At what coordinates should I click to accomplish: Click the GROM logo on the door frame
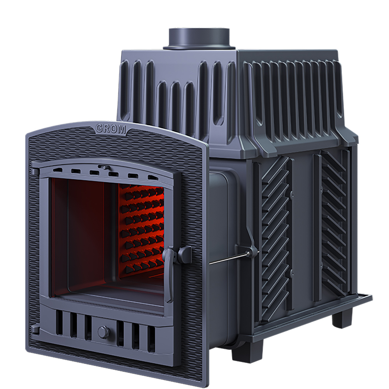click(x=111, y=129)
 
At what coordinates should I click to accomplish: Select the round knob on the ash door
click(x=103, y=332)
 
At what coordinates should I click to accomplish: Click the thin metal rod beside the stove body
click(x=230, y=258)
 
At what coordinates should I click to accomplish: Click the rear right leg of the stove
click(x=342, y=317)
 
